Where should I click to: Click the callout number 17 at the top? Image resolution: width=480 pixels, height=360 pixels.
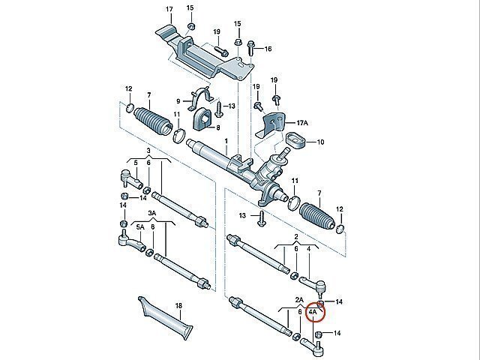tap(169, 9)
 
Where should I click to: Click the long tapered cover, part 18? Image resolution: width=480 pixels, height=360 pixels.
tap(168, 318)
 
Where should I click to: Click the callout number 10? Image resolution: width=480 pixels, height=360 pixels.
tap(321, 142)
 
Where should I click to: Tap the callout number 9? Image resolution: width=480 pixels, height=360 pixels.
tap(179, 101)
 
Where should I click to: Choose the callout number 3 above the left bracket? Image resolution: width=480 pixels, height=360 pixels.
tap(148, 150)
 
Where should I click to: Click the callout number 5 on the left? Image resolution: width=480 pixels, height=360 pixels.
tap(135, 163)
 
